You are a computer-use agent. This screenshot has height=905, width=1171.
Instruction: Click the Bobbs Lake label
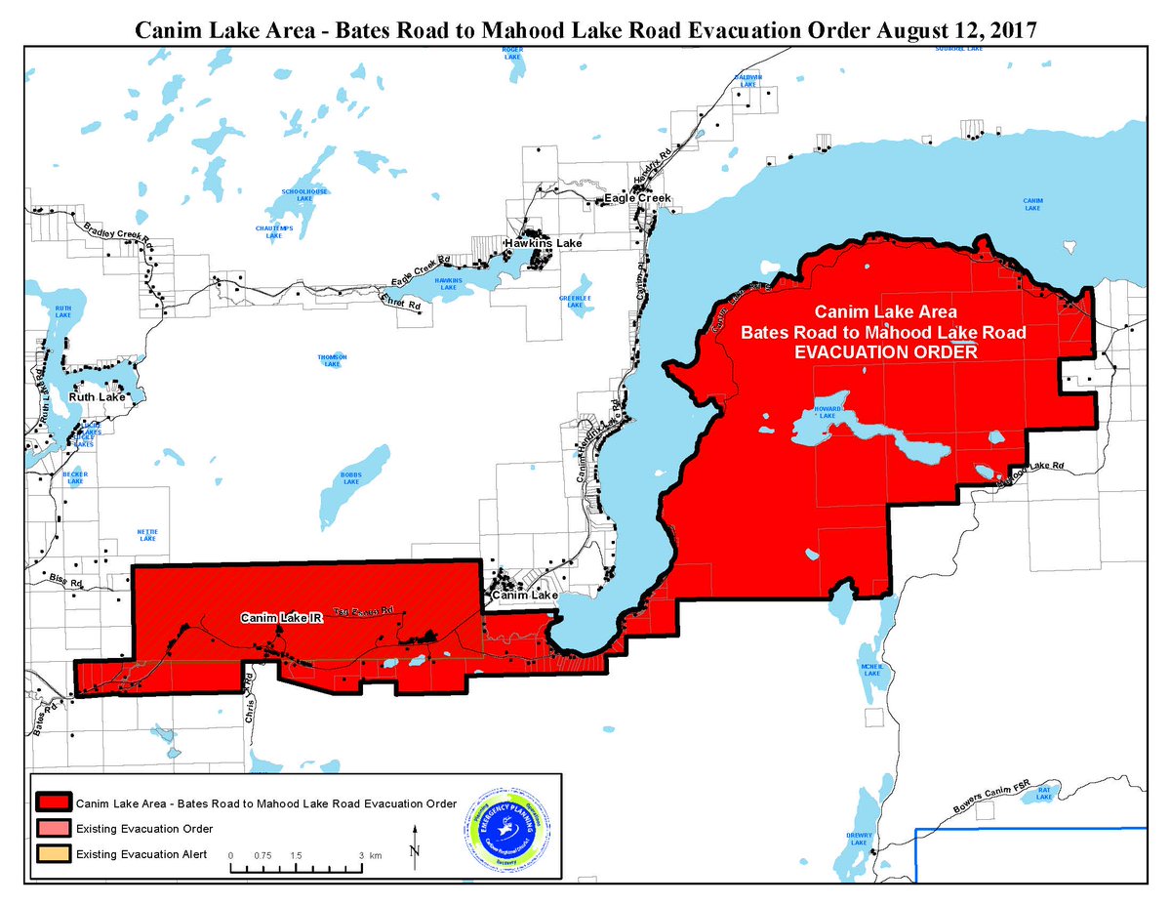[x=350, y=478]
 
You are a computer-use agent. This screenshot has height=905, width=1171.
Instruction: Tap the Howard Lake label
[x=827, y=413]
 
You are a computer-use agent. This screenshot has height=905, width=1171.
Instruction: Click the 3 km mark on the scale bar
[x=361, y=855]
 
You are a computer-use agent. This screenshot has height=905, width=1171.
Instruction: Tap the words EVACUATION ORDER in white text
[x=885, y=352]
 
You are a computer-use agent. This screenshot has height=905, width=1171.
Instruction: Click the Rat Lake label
[x=1044, y=792]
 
